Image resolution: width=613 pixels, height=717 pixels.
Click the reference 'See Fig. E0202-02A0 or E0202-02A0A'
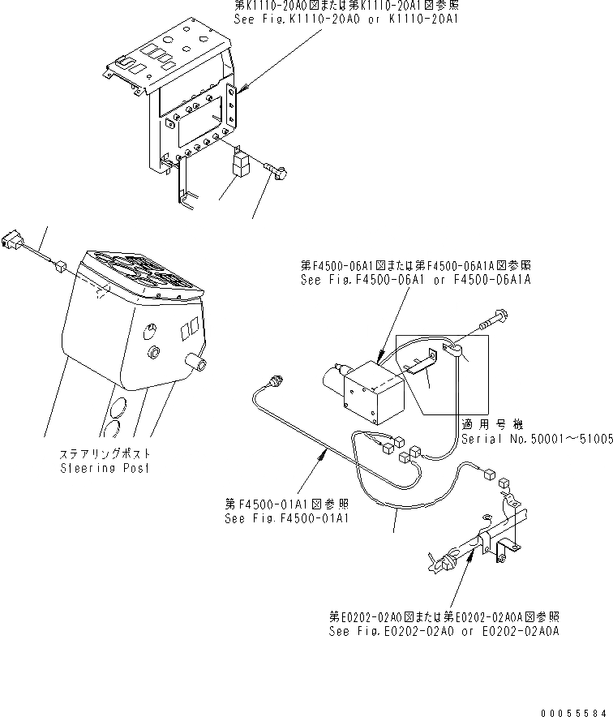point(444,630)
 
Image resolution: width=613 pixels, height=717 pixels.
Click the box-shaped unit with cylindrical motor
point(371,393)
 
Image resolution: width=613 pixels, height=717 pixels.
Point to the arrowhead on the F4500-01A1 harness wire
point(326,456)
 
